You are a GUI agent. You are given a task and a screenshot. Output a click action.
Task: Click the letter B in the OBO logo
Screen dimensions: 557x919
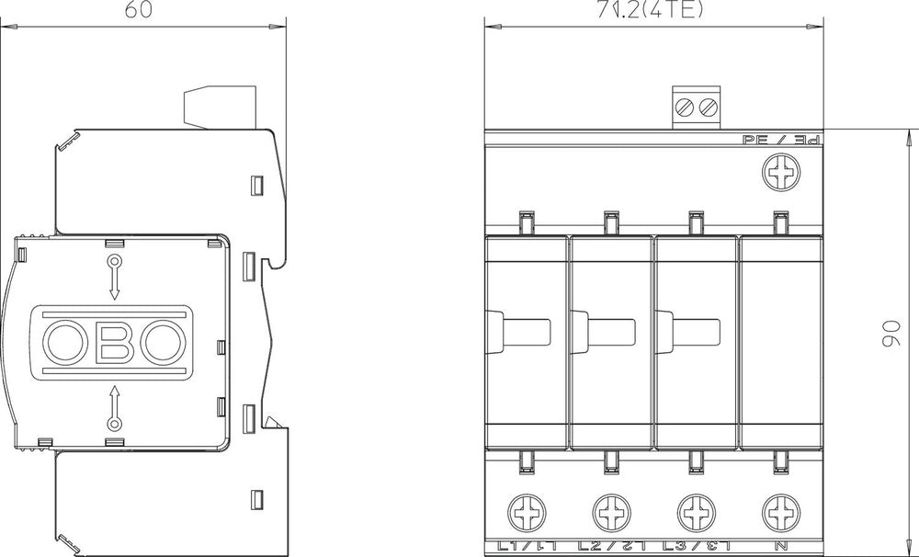(x=115, y=342)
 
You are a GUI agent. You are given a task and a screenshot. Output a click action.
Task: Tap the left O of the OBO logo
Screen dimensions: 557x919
(x=65, y=342)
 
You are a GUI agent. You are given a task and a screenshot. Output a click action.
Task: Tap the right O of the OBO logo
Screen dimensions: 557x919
(x=165, y=342)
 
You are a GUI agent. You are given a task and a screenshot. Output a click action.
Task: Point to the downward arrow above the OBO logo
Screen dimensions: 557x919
(x=115, y=278)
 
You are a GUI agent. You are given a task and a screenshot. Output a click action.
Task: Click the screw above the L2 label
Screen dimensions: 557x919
(x=611, y=508)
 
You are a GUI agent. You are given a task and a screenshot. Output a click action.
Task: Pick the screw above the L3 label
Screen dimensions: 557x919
(x=695, y=508)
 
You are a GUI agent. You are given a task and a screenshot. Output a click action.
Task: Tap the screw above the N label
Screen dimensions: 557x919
(x=780, y=508)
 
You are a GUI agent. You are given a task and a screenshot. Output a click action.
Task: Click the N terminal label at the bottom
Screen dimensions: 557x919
(x=780, y=548)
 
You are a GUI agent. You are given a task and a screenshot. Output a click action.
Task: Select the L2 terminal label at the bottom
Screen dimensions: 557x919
(x=610, y=548)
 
